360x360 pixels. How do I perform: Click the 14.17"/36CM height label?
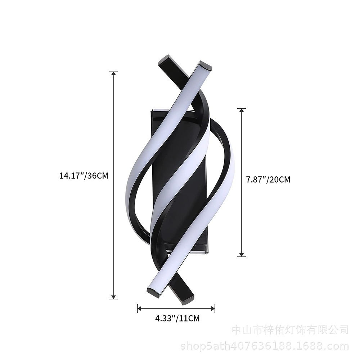[x=84, y=176]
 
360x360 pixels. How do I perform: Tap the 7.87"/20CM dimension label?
[x=268, y=179]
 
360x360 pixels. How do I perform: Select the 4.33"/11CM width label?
[x=177, y=318]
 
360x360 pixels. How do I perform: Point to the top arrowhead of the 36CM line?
[x=113, y=74]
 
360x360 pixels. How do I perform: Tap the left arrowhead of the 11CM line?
[x=140, y=308]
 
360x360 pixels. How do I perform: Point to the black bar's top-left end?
[x=165, y=60]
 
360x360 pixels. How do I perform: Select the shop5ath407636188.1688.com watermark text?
[x=265, y=347]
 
